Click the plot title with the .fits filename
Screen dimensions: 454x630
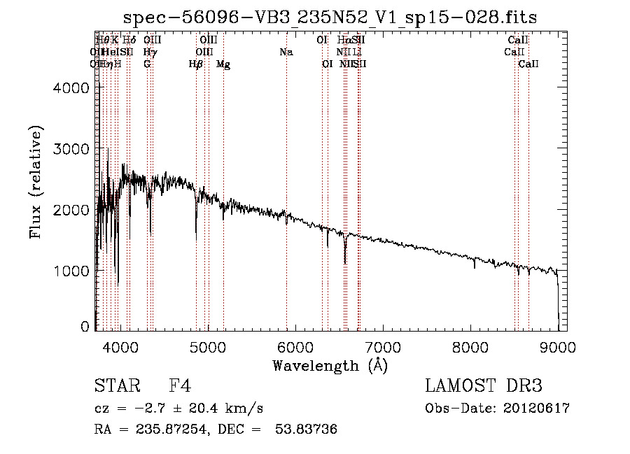330,17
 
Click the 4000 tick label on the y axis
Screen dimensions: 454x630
71,88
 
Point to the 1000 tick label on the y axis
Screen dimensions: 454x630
71,271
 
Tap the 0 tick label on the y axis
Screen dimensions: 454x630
85,327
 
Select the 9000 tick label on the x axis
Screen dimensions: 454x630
558,346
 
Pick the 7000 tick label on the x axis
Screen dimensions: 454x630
383,346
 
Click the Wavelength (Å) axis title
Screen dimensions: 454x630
330,365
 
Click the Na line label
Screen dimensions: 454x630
286,52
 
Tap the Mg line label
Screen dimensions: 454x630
223,64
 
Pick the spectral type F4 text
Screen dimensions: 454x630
180,387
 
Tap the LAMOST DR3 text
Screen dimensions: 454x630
483,387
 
